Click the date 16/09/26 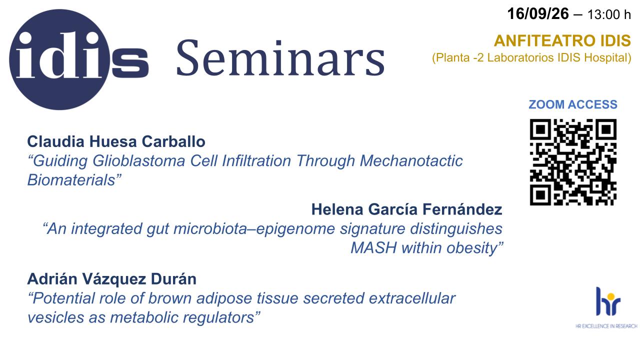coord(538,13)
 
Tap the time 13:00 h coord(609,14)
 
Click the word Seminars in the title coord(280,58)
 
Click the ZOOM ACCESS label coord(573,104)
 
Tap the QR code coord(573,162)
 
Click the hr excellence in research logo coord(606,307)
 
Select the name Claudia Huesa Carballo coord(116,141)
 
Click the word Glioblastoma coord(139,161)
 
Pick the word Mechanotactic coord(411,161)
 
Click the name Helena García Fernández coord(407,209)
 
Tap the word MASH coord(373,247)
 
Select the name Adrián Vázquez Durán coord(111,279)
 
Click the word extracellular coord(412,298)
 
